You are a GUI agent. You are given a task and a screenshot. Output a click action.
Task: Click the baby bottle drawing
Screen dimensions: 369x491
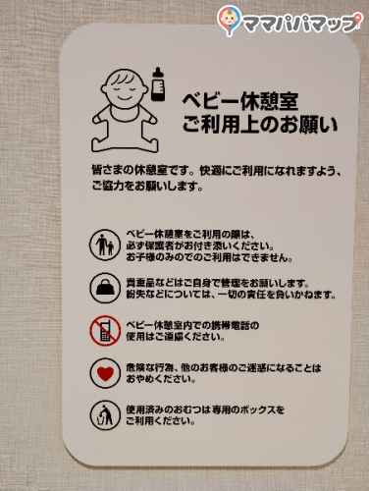click(x=158, y=83)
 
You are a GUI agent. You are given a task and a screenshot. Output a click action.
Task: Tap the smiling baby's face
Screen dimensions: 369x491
click(x=124, y=87)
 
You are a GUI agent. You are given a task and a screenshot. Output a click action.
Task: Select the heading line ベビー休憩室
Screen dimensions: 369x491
click(x=239, y=102)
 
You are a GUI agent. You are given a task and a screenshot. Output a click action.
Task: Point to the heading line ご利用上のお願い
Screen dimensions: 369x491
click(x=259, y=125)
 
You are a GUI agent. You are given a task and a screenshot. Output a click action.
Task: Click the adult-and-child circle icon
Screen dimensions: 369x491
click(x=105, y=245)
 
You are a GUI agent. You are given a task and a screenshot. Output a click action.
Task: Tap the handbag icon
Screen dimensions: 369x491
click(x=105, y=288)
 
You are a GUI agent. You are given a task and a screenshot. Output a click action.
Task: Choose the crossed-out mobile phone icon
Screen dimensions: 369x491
click(x=105, y=331)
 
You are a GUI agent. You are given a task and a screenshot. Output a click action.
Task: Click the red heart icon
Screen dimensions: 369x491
click(x=105, y=373)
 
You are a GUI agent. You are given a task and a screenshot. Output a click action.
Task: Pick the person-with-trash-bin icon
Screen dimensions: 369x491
click(x=105, y=415)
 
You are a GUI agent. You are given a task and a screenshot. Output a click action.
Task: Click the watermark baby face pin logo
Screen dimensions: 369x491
click(x=229, y=20)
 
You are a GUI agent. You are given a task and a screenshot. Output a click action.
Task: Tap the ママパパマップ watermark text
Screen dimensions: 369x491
click(x=299, y=24)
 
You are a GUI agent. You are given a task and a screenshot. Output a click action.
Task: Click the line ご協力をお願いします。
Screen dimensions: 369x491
click(x=147, y=187)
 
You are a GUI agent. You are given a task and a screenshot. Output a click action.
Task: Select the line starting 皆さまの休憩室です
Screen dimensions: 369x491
click(x=217, y=170)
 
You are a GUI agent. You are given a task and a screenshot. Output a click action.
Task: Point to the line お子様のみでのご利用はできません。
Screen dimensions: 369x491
click(x=209, y=257)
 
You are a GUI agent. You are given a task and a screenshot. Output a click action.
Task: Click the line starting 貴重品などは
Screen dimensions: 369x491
click(x=218, y=283)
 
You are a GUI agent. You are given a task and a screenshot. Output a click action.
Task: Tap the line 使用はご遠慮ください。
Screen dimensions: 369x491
click(x=176, y=337)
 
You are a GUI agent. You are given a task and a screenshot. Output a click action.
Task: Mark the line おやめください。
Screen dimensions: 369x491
click(x=161, y=379)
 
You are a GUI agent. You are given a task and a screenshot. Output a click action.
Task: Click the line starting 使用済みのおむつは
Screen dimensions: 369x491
click(x=205, y=409)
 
